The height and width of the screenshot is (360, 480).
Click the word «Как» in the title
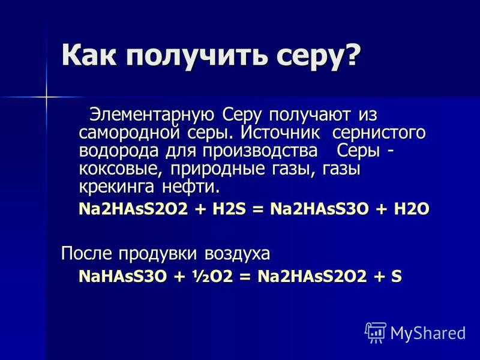click(x=89, y=55)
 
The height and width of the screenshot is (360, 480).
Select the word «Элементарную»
click(x=152, y=115)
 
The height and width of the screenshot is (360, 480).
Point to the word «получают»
click(x=310, y=116)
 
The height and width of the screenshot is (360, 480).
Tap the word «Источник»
click(x=280, y=132)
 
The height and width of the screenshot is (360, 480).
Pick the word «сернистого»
click(x=379, y=133)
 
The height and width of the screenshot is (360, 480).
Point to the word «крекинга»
click(x=116, y=187)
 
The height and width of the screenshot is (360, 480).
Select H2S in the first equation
click(x=229, y=209)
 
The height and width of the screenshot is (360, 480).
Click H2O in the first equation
click(x=412, y=209)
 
